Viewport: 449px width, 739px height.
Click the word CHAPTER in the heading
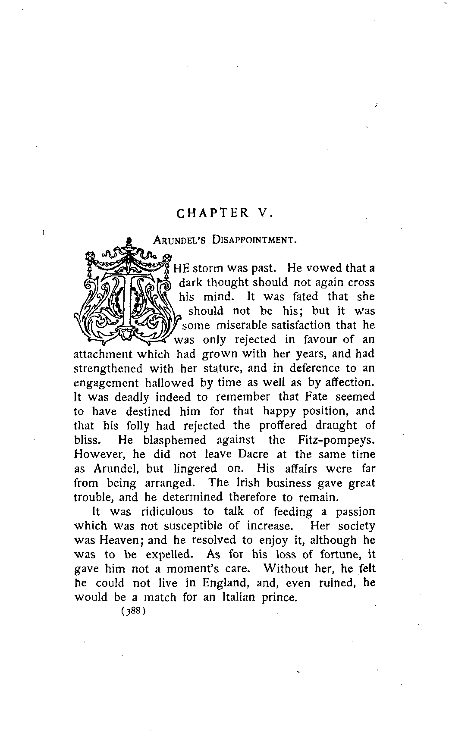213,213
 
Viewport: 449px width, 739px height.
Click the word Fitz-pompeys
336,440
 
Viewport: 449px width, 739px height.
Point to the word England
227,583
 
